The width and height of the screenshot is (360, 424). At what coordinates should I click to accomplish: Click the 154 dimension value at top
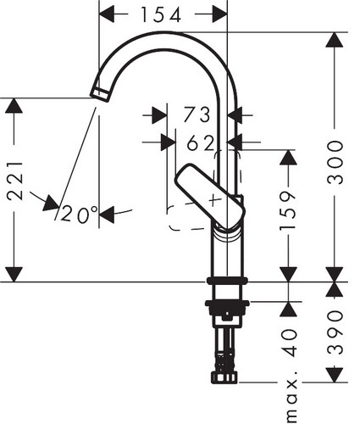click(x=161, y=14)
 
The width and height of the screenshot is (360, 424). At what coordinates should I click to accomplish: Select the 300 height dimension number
click(x=335, y=163)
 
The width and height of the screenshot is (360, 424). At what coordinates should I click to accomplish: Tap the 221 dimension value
click(x=14, y=181)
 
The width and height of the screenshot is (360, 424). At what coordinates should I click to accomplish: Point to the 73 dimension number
click(x=197, y=114)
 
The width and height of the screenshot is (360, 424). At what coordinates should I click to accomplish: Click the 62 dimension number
click(x=201, y=142)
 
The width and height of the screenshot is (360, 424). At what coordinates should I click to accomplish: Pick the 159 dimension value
click(x=288, y=210)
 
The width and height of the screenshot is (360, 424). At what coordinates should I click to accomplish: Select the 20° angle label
click(x=79, y=214)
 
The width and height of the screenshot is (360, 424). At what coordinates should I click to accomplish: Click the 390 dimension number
click(x=335, y=332)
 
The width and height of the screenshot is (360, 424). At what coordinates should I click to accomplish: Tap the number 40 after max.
click(x=289, y=343)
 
